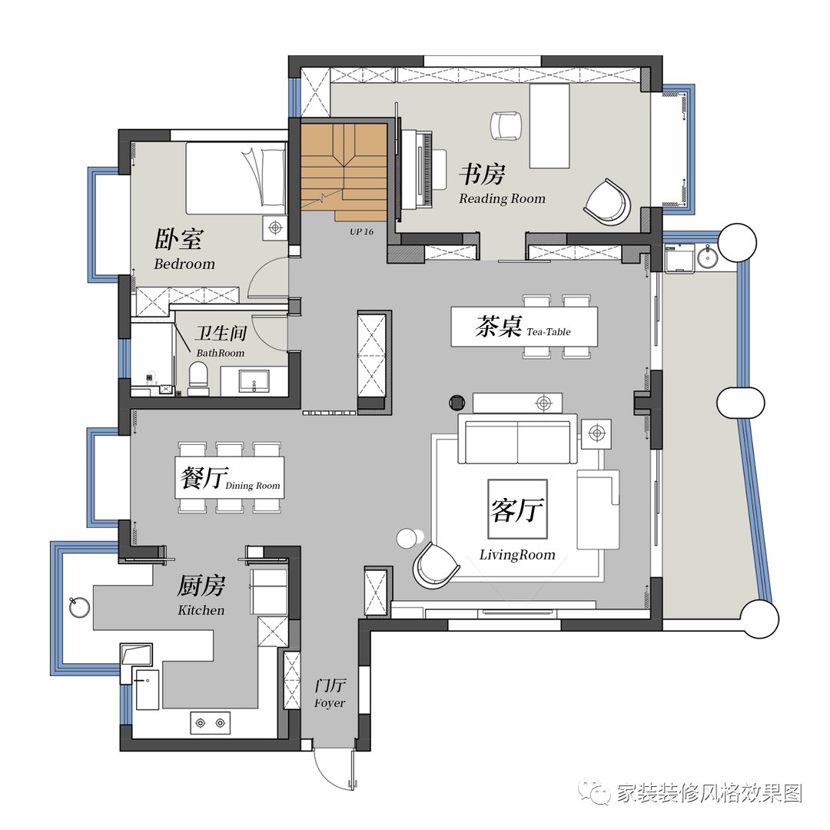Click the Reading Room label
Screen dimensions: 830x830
tap(502, 198)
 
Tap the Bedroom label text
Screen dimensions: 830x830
tap(184, 264)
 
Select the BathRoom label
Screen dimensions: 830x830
tap(221, 353)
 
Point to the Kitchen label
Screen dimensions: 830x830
tap(201, 610)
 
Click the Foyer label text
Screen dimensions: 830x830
tap(329, 703)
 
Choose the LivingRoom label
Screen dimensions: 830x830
tap(517, 555)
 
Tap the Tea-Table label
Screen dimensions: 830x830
tap(549, 332)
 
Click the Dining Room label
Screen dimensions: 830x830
tap(253, 486)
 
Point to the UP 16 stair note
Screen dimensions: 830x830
tap(361, 231)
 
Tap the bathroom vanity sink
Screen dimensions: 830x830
tap(254, 381)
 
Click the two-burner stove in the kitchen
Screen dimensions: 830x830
tap(210, 723)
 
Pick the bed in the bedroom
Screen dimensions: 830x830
tap(236, 178)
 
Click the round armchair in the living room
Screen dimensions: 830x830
tap(436, 565)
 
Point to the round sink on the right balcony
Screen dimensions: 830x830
tap(707, 257)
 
